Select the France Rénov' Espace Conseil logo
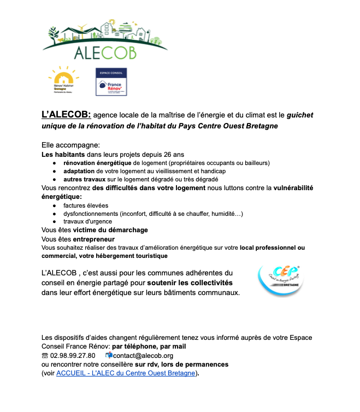(111, 81)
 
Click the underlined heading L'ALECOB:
(66, 115)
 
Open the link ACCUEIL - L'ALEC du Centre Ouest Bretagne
(125, 373)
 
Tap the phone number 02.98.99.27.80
(72, 356)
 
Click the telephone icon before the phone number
(45, 356)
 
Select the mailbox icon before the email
(108, 355)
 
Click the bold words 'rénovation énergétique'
(97, 163)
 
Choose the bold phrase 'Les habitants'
(62, 155)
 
